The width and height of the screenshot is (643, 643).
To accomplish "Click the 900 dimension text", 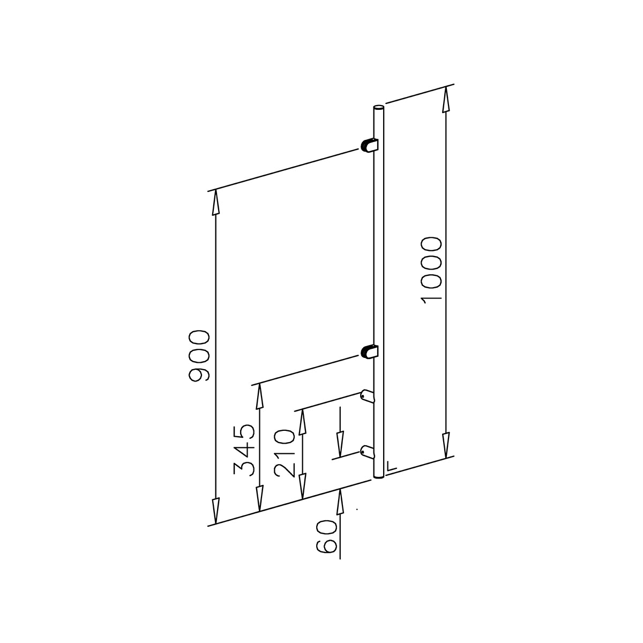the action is pos(199,356).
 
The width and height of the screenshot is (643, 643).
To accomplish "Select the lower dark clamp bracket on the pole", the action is pos(370,352).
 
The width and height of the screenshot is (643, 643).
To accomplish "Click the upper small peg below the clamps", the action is pos(368,395).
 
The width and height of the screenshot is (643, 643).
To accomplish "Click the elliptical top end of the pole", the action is pos(378,108).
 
